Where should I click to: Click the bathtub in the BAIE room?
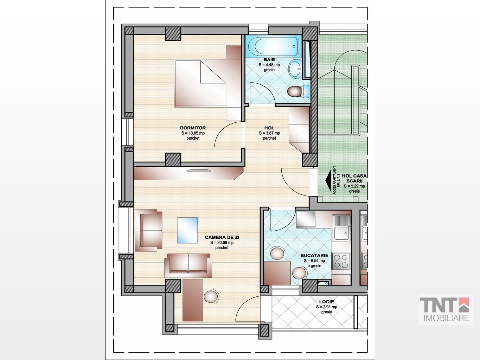[274, 46]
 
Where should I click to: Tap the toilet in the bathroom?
[298, 91]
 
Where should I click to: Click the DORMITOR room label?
[193, 128]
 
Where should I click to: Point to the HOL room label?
[269, 128]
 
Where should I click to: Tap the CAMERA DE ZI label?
[222, 237]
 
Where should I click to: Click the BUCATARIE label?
[314, 255]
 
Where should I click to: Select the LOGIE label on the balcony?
[326, 302]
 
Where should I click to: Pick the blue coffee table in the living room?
[187, 230]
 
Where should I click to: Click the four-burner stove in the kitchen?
[341, 261]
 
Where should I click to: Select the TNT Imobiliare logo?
[445, 309]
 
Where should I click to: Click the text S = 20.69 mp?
[222, 243]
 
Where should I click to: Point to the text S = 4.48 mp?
[269, 65]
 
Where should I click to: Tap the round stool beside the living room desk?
[211, 296]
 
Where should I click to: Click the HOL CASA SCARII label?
[354, 178]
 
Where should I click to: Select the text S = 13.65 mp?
[193, 133]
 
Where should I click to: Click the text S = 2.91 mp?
[326, 307]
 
